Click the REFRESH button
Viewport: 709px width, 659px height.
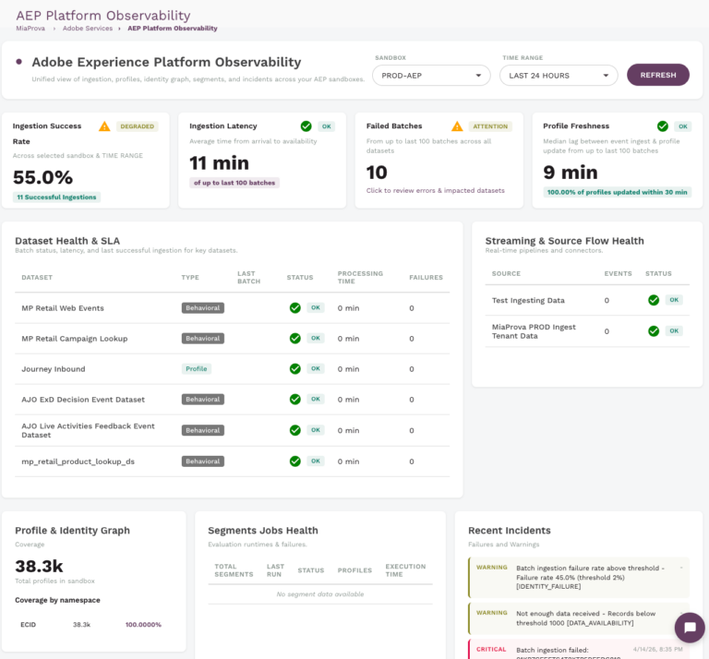tap(657, 75)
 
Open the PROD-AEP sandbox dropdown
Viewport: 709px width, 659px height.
tap(431, 76)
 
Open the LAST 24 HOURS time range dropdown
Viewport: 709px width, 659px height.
tap(559, 76)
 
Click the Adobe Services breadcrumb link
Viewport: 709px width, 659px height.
tap(88, 29)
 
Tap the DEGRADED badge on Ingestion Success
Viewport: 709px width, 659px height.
tap(138, 126)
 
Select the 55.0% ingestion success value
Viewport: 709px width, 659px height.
tap(42, 177)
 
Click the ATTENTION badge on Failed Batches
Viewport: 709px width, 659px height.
tap(490, 126)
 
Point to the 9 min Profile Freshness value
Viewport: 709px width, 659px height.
tap(570, 172)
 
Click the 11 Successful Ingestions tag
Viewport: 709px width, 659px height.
tap(56, 198)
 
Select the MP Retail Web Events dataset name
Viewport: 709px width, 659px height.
tap(63, 308)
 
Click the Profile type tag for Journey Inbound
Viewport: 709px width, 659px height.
tap(196, 369)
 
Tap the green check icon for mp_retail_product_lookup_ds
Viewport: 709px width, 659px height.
tap(295, 461)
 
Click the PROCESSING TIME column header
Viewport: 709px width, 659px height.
tap(360, 277)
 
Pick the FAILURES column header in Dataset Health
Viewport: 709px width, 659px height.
tap(426, 277)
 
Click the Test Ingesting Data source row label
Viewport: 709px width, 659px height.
tap(528, 301)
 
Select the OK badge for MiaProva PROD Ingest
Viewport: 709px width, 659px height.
tap(674, 330)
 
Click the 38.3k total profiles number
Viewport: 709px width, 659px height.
tap(39, 566)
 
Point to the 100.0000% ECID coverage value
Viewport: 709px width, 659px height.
tap(144, 625)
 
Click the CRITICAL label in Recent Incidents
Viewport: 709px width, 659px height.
tap(491, 649)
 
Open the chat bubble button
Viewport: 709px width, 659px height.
tap(689, 628)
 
